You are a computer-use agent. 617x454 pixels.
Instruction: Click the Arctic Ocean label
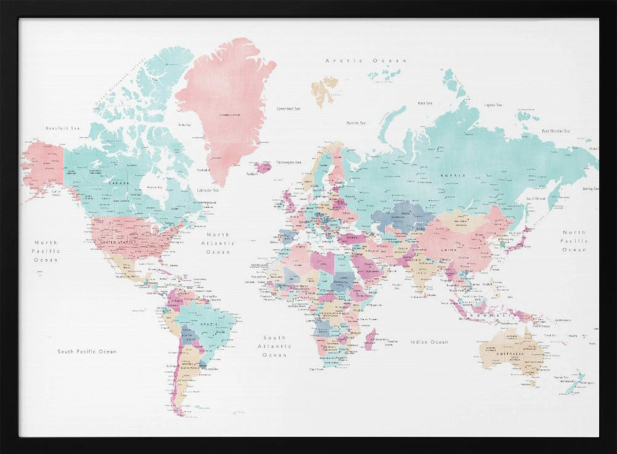pos(366,60)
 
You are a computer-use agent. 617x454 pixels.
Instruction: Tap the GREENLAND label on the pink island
pos(229,115)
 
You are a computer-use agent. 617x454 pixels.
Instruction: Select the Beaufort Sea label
pos(63,128)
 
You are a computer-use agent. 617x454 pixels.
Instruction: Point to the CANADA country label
pos(118,183)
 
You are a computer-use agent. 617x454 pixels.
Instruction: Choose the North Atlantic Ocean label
pos(218,243)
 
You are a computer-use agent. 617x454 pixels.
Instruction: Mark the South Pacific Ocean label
pos(87,352)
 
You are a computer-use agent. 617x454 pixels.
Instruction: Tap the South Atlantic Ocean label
pos(275,346)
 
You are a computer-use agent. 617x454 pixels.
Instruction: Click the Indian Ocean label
pos(429,342)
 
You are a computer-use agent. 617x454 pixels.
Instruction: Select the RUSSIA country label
pos(449,176)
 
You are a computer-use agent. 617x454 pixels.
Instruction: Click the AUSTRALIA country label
pos(511,353)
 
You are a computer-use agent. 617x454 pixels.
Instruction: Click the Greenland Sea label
pos(288,109)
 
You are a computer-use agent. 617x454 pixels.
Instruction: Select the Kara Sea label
pos(424,103)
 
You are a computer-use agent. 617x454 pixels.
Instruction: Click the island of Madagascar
pos(370,339)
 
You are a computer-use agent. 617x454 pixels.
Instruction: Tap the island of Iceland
pos(263,167)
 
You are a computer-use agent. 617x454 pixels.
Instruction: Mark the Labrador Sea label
pos(208,191)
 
